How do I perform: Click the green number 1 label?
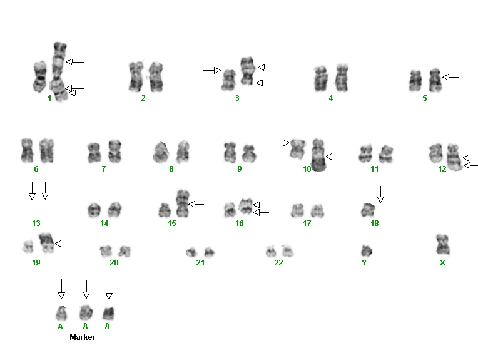(49, 98)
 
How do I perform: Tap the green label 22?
(278, 263)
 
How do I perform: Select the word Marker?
(82, 337)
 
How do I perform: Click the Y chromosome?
(366, 251)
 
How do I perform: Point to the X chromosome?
(442, 245)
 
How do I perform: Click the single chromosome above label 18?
(368, 210)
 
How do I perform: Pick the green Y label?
(364, 263)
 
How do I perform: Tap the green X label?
(442, 263)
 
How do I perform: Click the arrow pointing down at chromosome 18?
(380, 195)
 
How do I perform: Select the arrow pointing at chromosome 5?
(450, 77)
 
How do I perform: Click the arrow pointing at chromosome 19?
(64, 244)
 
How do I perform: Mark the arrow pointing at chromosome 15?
(196, 204)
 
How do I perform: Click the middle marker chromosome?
(86, 312)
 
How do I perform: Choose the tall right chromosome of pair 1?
(59, 72)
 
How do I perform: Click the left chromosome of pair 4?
(322, 79)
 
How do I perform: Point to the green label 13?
(36, 224)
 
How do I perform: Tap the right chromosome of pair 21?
(209, 252)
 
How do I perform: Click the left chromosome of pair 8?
(160, 152)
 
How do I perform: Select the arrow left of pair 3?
(212, 71)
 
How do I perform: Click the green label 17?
(307, 224)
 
